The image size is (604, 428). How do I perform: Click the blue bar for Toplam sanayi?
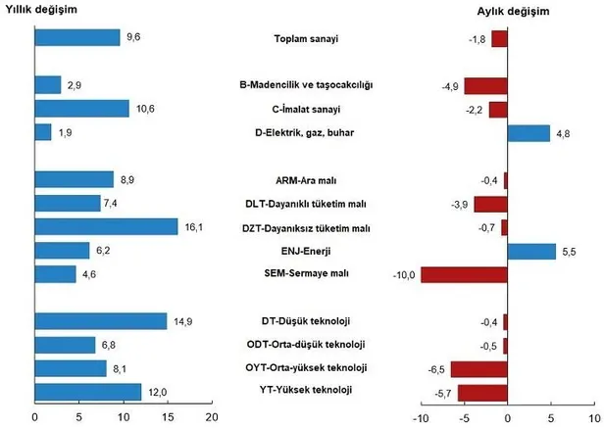tap(76, 38)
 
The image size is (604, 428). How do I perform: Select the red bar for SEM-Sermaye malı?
tap(464, 274)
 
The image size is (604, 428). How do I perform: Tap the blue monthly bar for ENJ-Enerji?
tap(530, 251)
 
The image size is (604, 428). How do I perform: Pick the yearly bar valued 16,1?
tap(106, 227)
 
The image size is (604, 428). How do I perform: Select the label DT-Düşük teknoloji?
tap(307, 321)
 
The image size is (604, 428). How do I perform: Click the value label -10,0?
tap(403, 274)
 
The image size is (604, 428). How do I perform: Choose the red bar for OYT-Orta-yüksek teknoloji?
tap(479, 368)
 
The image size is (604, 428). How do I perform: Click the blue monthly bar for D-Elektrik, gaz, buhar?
tap(528, 132)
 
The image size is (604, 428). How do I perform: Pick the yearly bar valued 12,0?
tap(87, 392)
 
